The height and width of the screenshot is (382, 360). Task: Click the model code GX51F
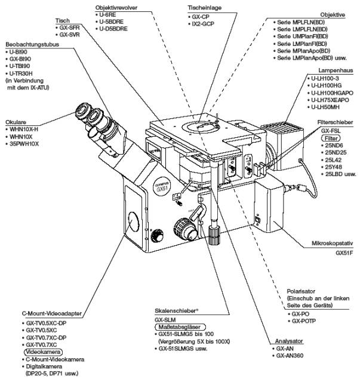pyautogui.click(x=344, y=253)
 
